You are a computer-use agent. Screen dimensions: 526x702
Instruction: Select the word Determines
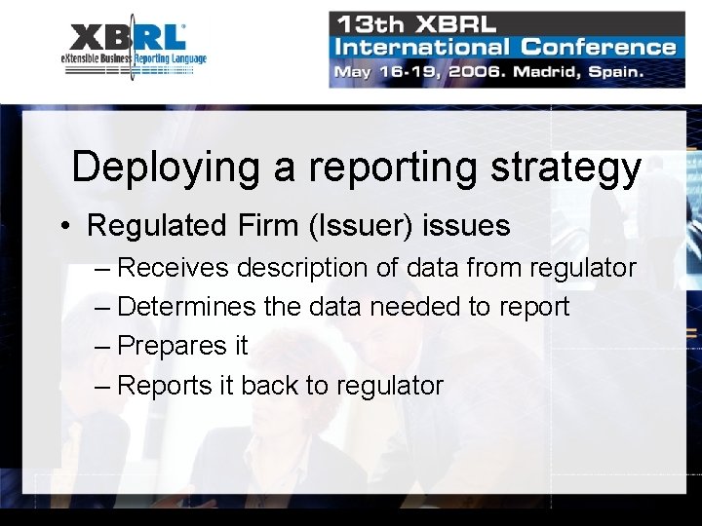point(187,307)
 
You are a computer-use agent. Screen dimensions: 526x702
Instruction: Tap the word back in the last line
point(269,386)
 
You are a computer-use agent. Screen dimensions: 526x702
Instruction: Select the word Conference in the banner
point(598,46)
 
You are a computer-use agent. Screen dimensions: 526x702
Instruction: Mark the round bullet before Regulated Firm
point(62,227)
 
